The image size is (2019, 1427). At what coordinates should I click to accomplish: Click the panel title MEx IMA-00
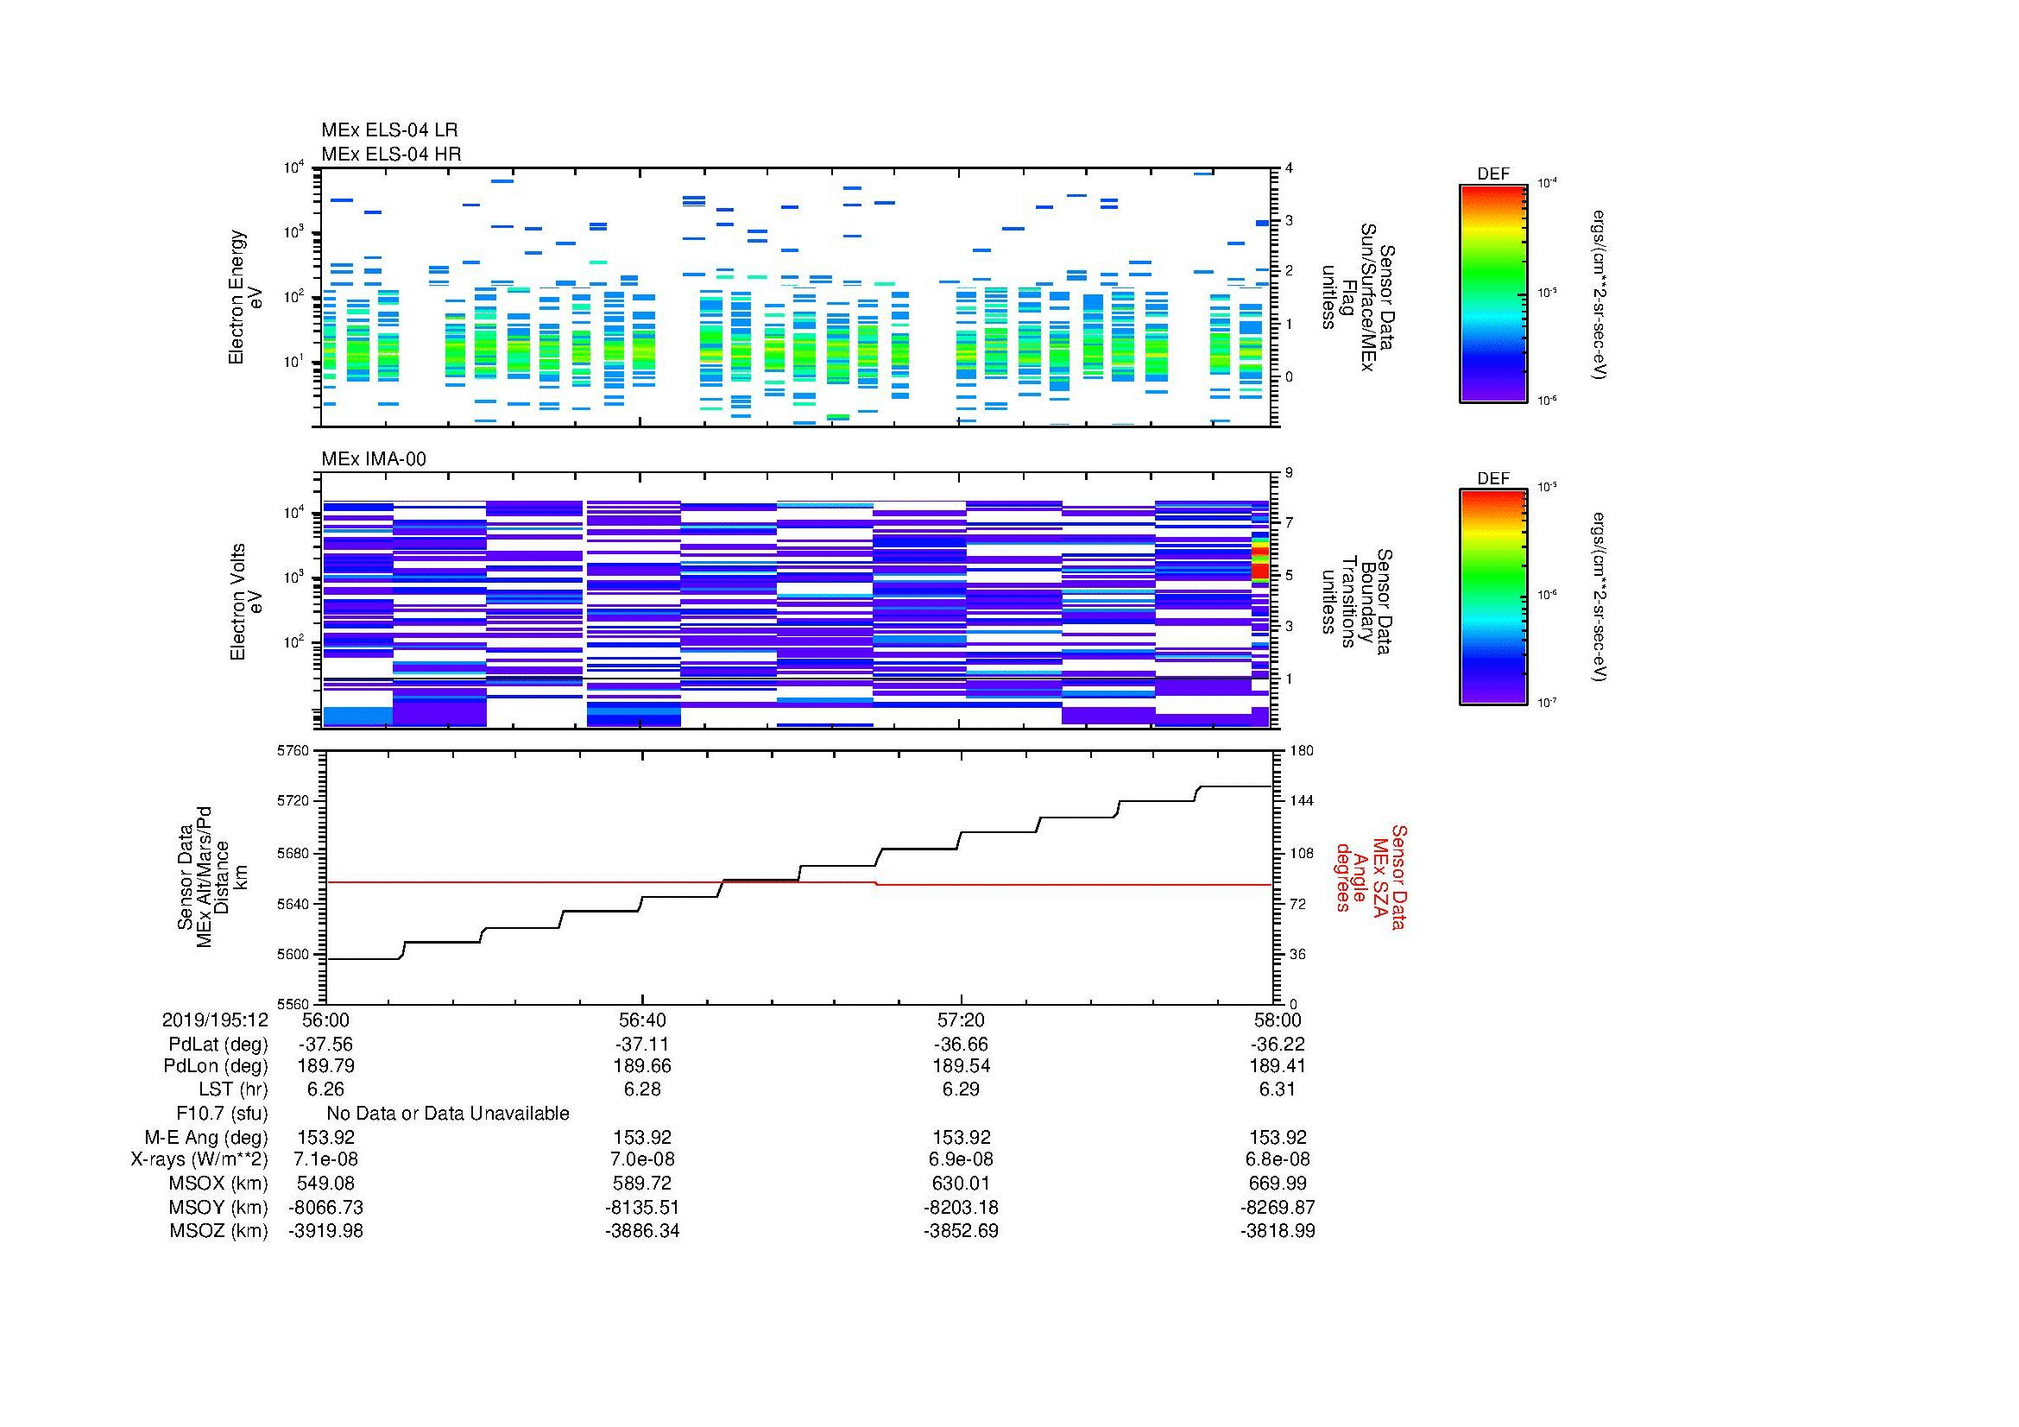coord(373,459)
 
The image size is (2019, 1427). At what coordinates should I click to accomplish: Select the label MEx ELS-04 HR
coord(390,154)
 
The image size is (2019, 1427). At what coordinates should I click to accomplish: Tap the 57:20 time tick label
coord(961,1020)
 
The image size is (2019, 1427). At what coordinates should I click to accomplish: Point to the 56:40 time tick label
coord(643,1020)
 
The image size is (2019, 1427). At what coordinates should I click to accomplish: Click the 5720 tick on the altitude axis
coord(293,801)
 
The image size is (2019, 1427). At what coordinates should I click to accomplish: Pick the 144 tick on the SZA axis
coord(1300,801)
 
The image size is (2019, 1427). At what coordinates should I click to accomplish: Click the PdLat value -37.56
coord(326,1044)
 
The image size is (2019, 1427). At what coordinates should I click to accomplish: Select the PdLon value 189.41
coord(1278,1066)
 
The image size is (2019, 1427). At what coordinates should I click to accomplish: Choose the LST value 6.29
coord(961,1089)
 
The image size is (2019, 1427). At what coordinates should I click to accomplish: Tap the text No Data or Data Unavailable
coord(448,1113)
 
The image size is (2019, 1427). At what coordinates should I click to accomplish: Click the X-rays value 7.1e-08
coord(326,1159)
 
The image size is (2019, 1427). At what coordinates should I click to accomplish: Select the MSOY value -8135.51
coord(643,1207)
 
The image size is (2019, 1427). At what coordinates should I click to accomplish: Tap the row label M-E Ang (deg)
coord(206,1137)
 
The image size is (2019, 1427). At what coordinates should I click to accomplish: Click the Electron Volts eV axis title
coord(246,603)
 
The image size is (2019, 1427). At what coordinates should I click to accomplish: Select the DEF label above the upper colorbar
coord(1492,174)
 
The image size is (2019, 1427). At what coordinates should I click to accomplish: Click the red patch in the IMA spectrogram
coord(1260,571)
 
